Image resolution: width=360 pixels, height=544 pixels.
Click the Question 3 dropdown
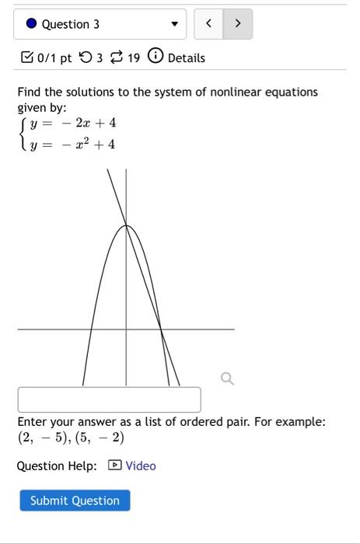[x=100, y=24]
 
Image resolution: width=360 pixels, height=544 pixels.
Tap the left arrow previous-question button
[x=208, y=24]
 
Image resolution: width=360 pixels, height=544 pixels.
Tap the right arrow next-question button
[x=237, y=24]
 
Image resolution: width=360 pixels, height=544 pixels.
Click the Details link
[x=186, y=58]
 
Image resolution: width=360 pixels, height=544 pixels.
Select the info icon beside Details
[x=156, y=58]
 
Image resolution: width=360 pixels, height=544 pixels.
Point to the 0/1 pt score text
[x=54, y=58]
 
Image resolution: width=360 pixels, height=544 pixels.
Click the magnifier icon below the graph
[x=227, y=378]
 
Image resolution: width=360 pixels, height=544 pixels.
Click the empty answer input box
[x=109, y=399]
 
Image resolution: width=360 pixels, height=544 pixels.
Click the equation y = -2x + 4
[x=73, y=124]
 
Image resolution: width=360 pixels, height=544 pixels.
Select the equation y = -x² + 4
[x=73, y=144]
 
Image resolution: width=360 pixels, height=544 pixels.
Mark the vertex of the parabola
[x=126, y=225]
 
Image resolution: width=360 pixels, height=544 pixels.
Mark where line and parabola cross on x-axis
[x=161, y=330]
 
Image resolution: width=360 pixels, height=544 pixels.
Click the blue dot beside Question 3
[x=31, y=24]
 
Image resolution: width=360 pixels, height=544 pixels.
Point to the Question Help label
[x=57, y=466]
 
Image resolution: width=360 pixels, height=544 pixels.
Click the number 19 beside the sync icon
[x=134, y=58]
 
